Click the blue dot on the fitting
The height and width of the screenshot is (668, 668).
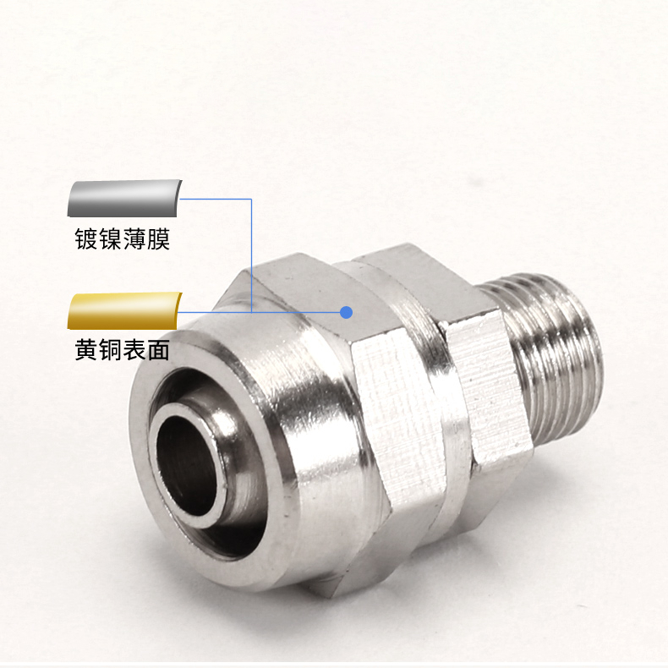point(347,312)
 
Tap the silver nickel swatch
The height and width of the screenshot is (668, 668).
point(125,198)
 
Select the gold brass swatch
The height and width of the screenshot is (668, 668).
point(125,310)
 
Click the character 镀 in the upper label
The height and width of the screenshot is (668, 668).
point(86,238)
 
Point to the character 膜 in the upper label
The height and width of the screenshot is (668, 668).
point(158,238)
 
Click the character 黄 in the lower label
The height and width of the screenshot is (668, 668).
point(86,350)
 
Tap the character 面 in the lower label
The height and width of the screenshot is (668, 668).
point(158,350)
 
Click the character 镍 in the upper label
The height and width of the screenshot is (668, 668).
point(110,238)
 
